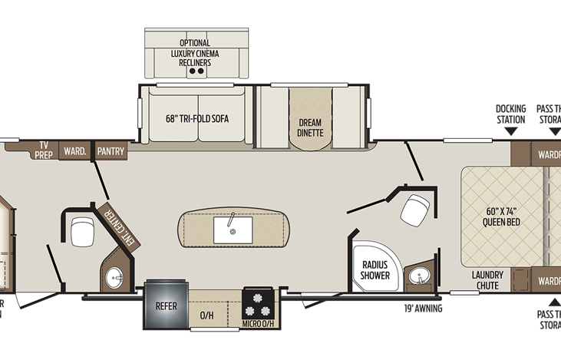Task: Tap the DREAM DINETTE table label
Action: tap(311, 127)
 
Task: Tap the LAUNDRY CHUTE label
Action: tap(487, 280)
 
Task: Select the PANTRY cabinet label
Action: tap(111, 151)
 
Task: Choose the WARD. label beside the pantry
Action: tap(74, 151)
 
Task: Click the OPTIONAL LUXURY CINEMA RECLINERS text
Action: tap(195, 52)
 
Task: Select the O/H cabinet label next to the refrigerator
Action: tap(206, 315)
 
